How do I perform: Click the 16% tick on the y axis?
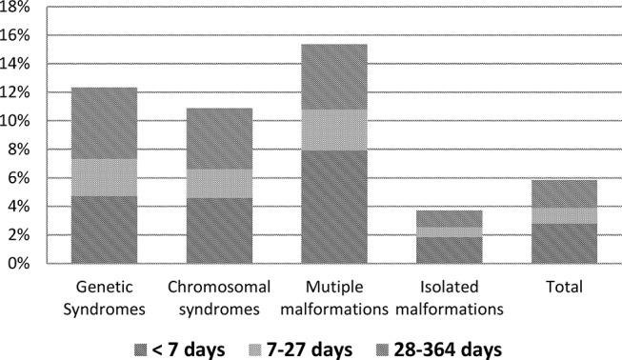click(x=17, y=35)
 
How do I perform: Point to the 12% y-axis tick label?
click(x=17, y=92)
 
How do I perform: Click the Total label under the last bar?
click(x=564, y=286)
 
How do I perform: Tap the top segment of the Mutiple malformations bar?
click(x=333, y=76)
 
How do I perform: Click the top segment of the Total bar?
click(x=564, y=193)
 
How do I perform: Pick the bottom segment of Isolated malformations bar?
click(x=449, y=250)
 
